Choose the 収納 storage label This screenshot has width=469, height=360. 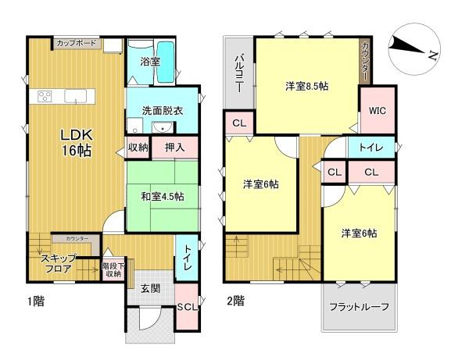tap(138, 147)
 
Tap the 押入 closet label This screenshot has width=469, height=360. tap(175, 147)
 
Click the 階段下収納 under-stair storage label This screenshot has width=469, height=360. tap(113, 270)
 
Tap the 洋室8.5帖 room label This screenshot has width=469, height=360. tap(306, 86)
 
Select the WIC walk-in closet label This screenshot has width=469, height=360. tap(378, 109)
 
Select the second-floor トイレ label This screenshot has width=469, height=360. tap(371, 146)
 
